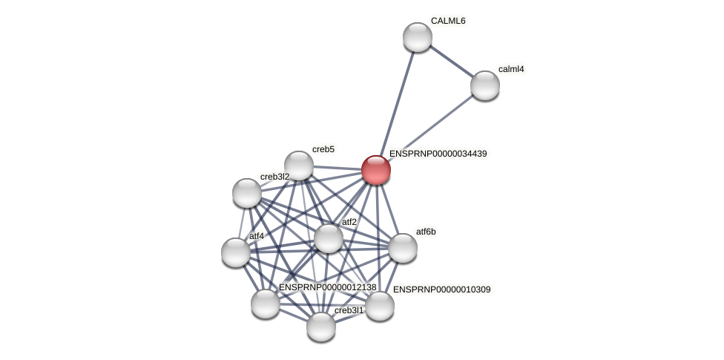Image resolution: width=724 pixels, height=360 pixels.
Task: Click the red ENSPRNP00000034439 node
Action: tap(376, 170)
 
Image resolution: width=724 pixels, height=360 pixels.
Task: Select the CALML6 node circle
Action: tap(418, 37)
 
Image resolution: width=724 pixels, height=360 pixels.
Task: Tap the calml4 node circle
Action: tap(485, 85)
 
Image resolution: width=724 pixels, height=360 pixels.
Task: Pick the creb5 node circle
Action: tap(299, 166)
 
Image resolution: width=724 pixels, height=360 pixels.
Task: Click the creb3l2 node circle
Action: tap(247, 193)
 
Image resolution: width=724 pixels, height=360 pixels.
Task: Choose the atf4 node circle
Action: tap(236, 252)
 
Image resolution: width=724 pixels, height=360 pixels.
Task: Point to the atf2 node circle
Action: tap(329, 238)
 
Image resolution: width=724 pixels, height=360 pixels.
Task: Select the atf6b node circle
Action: tap(403, 248)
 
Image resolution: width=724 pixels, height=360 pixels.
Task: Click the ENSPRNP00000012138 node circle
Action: tap(266, 304)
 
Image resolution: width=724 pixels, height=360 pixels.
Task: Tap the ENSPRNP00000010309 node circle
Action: tap(380, 306)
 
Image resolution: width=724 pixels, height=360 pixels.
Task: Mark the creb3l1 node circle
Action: tap(321, 327)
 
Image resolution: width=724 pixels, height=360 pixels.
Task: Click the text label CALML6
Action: tap(448, 21)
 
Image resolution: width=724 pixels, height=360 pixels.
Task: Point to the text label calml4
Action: tap(511, 69)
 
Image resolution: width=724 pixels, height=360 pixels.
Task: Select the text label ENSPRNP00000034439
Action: tap(438, 154)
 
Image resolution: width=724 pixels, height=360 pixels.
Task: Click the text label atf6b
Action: tap(426, 232)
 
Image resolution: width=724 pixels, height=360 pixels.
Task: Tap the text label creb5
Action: tap(323, 149)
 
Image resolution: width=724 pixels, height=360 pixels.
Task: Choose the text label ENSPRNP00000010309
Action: tap(441, 289)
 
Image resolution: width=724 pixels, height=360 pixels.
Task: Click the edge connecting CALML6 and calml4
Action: tap(451, 61)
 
